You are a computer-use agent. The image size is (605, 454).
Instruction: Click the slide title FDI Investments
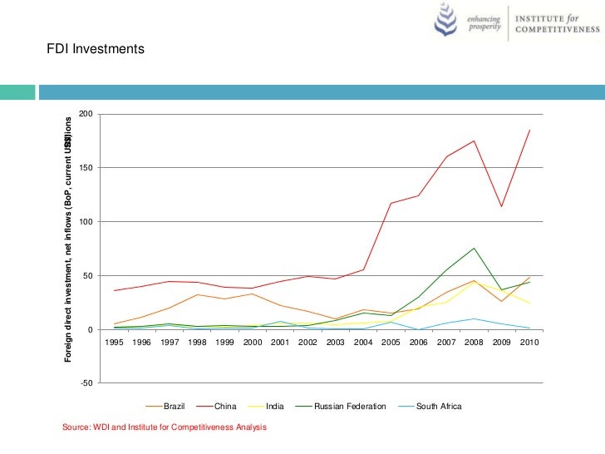(96, 50)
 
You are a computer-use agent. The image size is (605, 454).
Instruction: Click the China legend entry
(225, 407)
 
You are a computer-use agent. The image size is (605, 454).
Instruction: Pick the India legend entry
(275, 407)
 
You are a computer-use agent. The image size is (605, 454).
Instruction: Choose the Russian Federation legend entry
(349, 407)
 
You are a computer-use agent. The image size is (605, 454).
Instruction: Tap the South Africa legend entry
(438, 407)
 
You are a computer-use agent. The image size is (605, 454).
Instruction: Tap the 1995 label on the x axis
(114, 342)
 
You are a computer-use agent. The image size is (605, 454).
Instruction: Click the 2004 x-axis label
(363, 342)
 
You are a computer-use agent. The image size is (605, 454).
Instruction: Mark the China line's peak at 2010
(529, 130)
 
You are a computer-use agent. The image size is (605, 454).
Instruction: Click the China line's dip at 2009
(501, 206)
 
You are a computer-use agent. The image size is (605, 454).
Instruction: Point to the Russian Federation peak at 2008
(474, 248)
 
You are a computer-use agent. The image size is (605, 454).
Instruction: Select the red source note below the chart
(165, 427)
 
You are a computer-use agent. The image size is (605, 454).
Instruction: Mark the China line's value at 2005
(391, 203)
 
